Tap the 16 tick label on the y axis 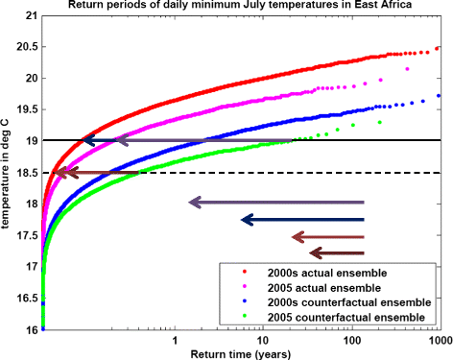click(31, 329)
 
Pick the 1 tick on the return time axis click(175, 340)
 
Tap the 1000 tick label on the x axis click(437, 340)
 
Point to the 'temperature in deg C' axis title click(8, 173)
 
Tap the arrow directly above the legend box click(336, 253)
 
